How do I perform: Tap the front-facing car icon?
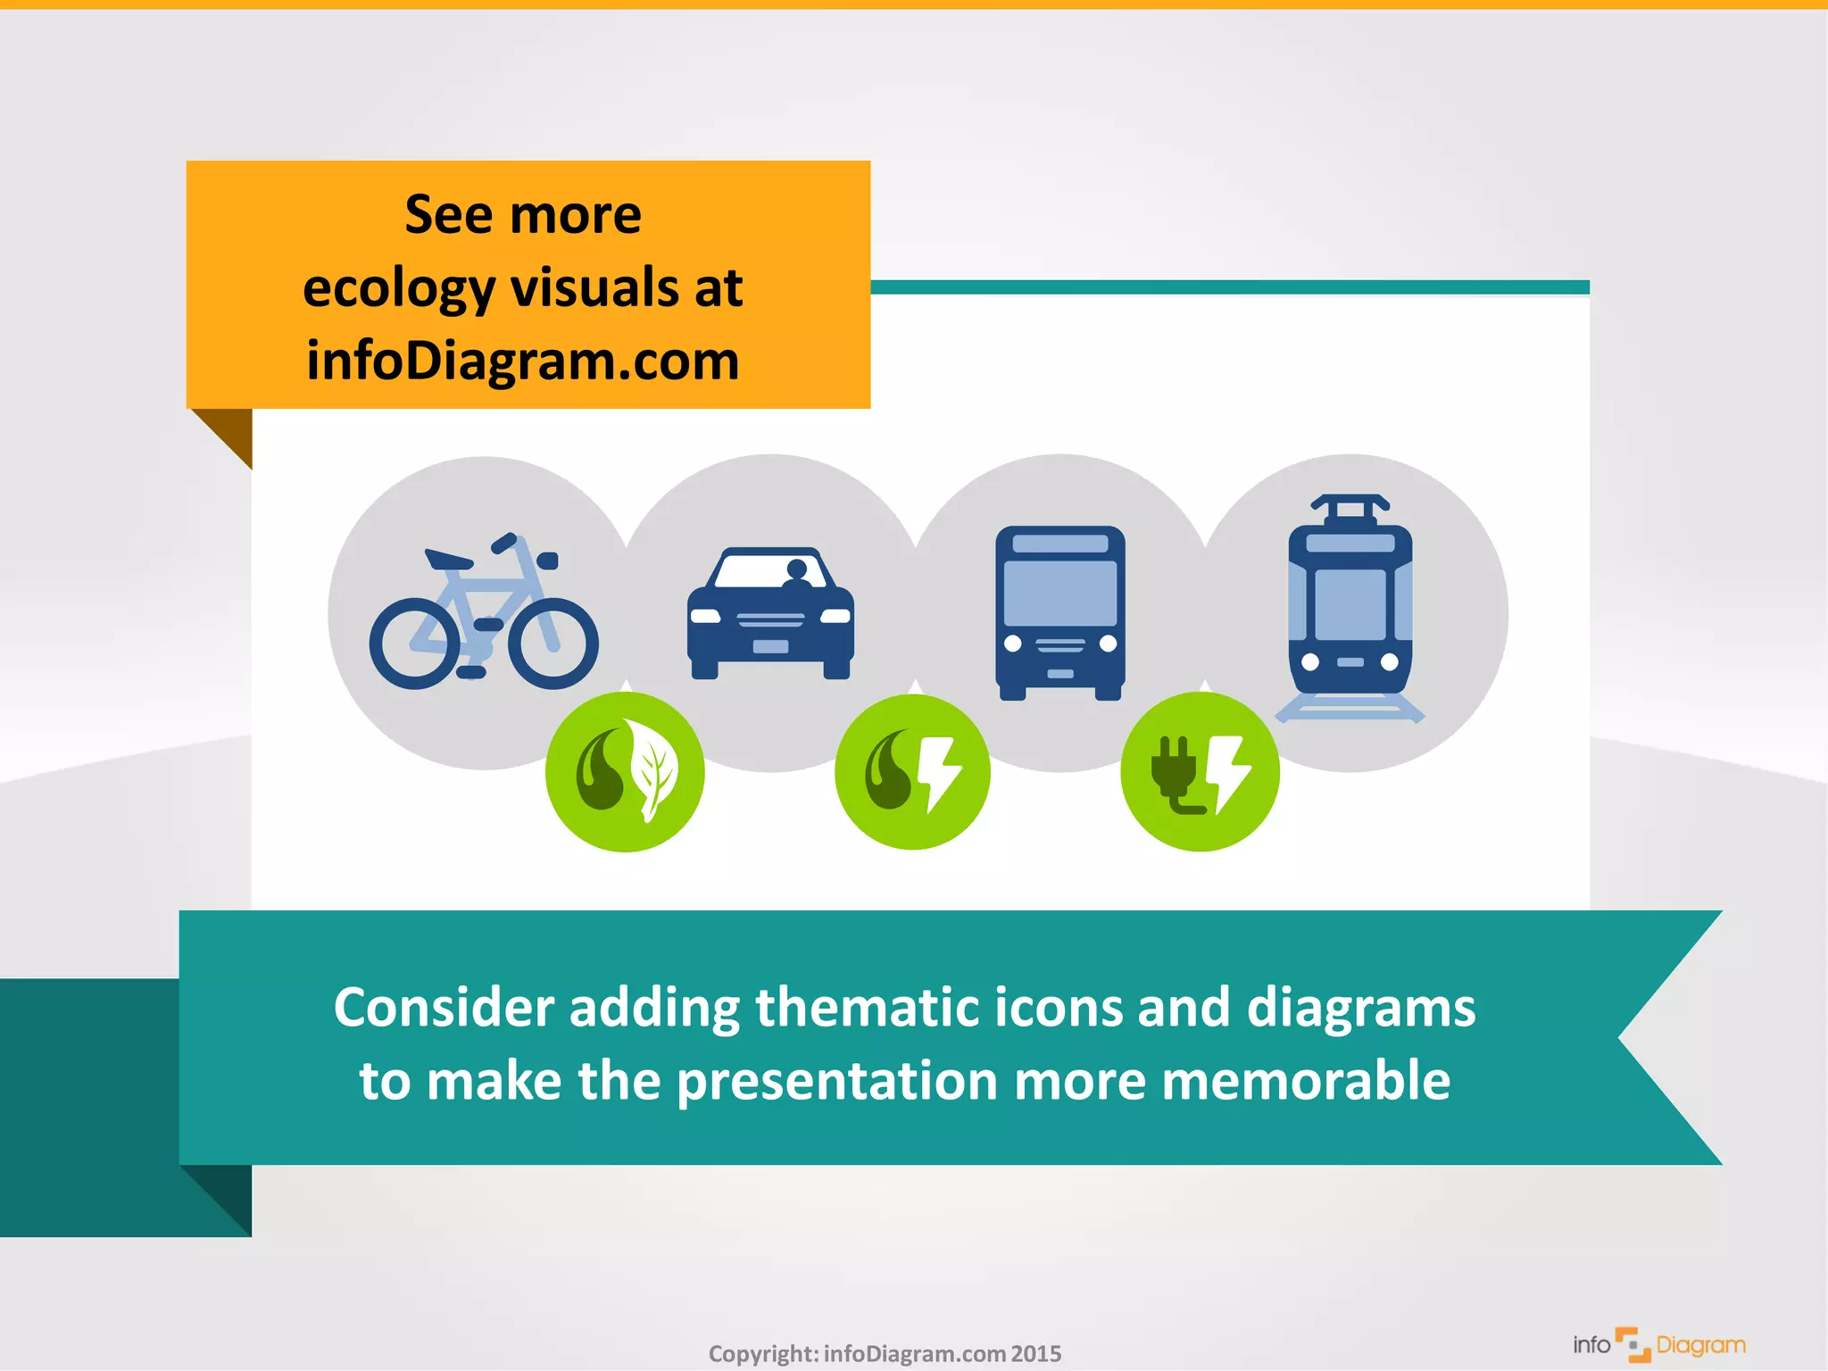tap(770, 614)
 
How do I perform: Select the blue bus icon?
tap(1060, 612)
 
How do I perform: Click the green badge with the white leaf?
tap(625, 772)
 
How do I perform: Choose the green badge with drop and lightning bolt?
tap(912, 772)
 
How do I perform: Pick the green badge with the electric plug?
tap(1200, 772)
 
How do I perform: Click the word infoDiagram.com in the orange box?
tap(523, 361)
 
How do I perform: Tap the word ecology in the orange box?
tap(399, 289)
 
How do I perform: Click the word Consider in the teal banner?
tap(444, 1008)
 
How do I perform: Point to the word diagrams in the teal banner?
tap(1360, 1008)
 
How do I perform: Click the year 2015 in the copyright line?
tap(1036, 1354)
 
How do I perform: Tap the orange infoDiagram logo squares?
tap(1633, 1344)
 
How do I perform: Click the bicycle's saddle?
tap(447, 560)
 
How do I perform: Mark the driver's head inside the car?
tap(797, 569)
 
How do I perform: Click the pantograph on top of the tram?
tap(1350, 507)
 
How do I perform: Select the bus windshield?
tap(1060, 592)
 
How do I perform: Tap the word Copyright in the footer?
tap(762, 1354)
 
